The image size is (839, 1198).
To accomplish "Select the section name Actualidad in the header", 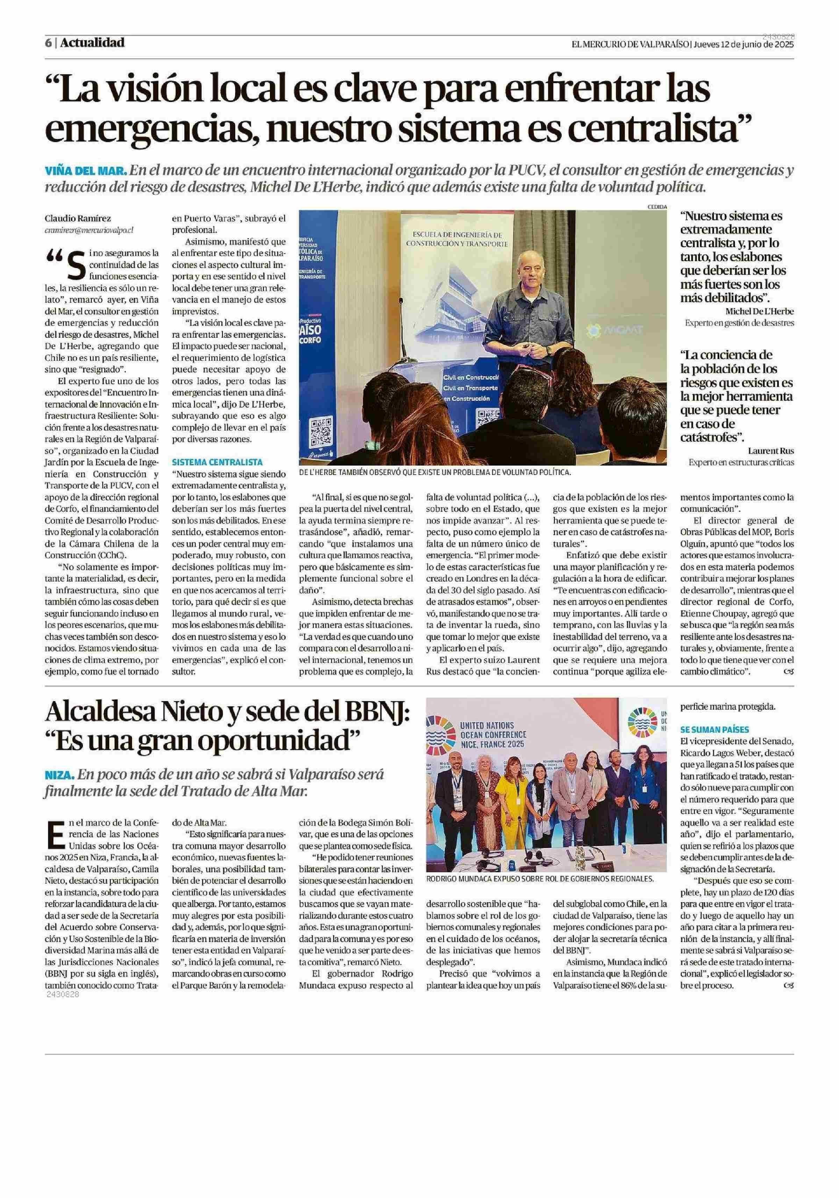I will [92, 43].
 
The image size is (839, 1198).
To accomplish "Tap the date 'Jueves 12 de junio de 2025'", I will [744, 44].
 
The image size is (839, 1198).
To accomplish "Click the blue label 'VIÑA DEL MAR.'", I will [86, 171].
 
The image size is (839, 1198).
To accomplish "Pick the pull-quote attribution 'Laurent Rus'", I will [770, 451].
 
